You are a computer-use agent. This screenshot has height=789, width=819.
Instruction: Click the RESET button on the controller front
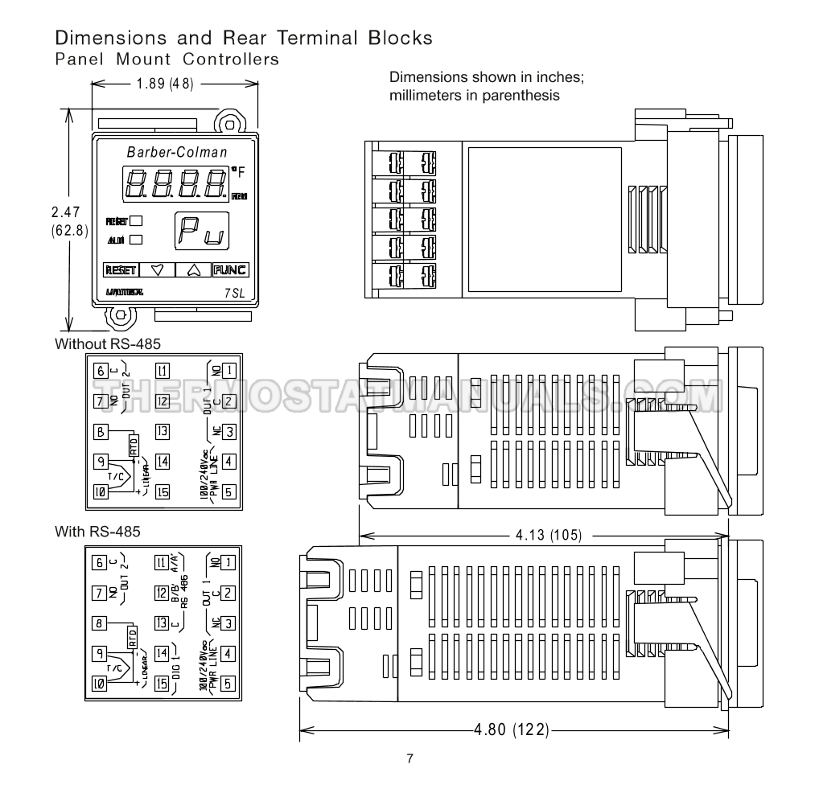120,270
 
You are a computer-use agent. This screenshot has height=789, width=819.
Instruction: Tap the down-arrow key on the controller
157,270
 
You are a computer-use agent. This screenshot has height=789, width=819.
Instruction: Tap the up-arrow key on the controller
193,270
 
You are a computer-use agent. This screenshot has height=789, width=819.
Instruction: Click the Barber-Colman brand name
177,152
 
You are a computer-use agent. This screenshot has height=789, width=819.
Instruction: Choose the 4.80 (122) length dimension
512,730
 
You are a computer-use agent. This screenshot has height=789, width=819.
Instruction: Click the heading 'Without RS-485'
108,344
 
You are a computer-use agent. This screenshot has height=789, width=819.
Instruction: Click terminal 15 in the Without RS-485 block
163,492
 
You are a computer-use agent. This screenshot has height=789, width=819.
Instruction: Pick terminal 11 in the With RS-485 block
161,562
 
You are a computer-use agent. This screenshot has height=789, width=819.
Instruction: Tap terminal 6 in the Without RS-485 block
101,371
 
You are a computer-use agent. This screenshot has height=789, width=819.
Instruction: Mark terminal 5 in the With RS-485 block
228,684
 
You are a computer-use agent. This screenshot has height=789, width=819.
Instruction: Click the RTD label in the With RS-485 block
134,637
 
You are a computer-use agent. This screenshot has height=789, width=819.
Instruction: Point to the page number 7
409,758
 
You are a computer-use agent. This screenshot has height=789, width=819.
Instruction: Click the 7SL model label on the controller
235,294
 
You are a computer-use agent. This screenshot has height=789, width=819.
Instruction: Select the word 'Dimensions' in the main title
100,38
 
